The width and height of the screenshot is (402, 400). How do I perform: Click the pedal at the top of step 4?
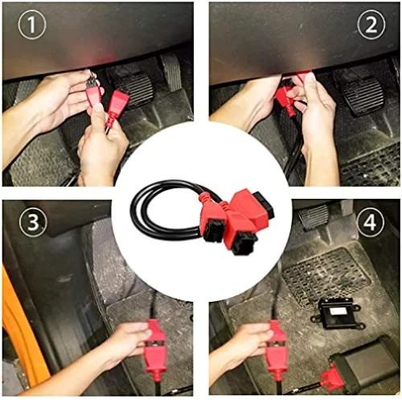[313, 216]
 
